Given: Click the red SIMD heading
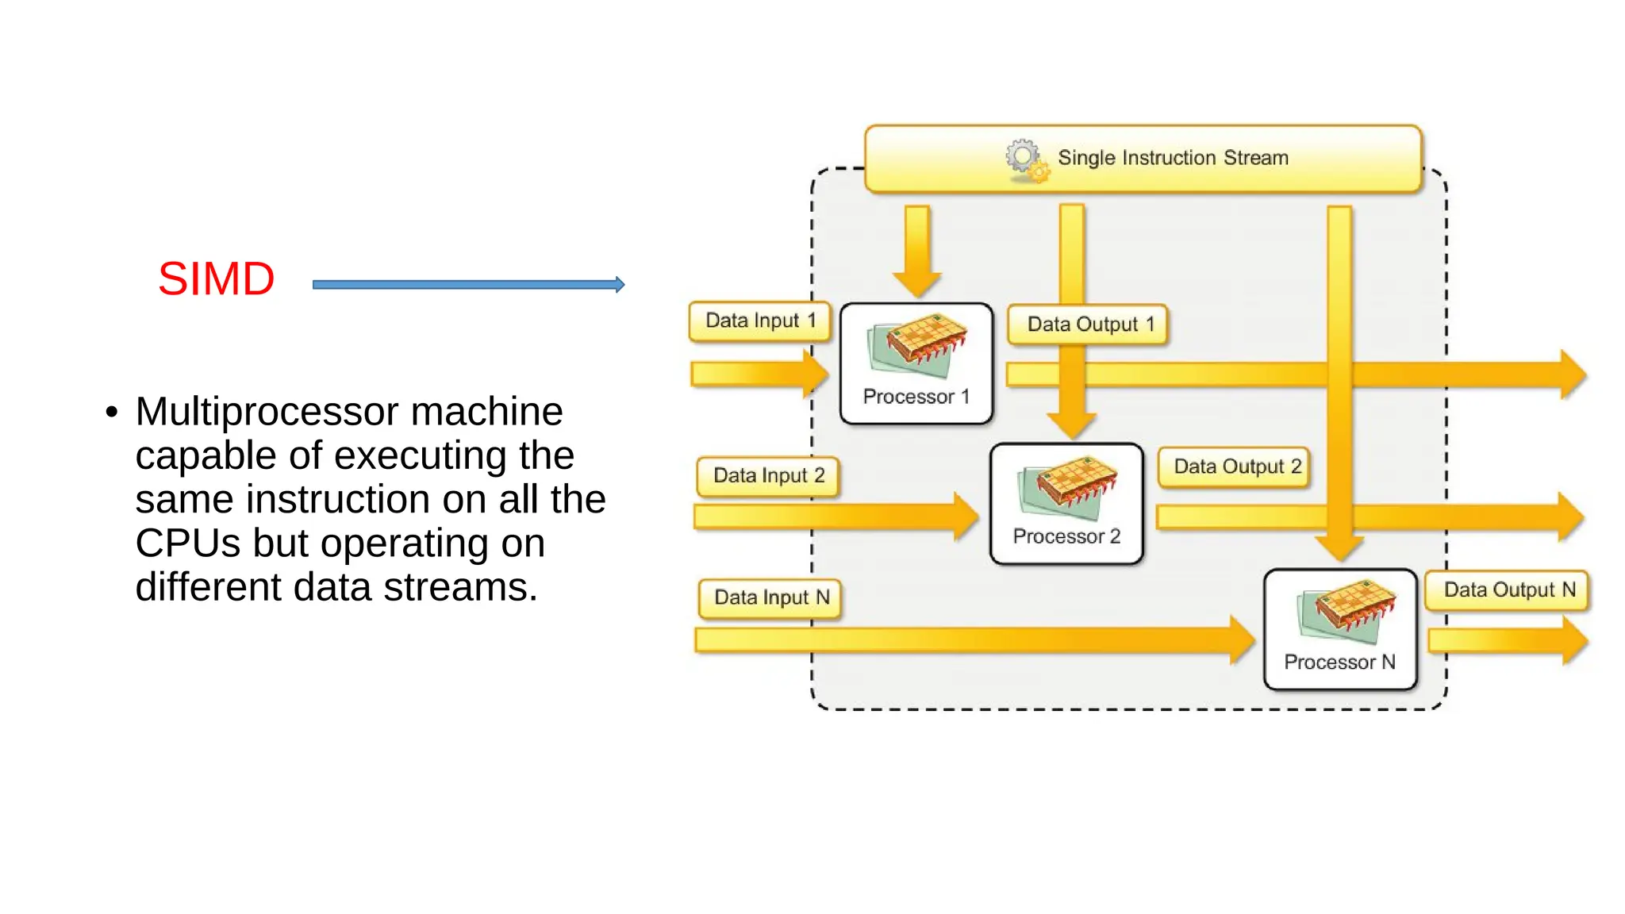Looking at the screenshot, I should (x=216, y=279).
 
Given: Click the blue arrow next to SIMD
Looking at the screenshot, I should (x=468, y=285).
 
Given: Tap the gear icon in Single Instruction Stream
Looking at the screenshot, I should (x=1026, y=159).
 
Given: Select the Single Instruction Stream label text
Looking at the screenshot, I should (x=1173, y=158).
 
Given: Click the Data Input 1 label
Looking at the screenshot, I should (x=759, y=321).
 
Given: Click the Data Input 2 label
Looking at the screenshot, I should (x=768, y=476).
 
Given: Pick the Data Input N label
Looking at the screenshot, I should (x=770, y=597).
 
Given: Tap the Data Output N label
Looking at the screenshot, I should (x=1508, y=590).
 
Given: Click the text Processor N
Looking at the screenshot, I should (x=1339, y=662).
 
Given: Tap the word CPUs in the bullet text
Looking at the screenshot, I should (x=187, y=543).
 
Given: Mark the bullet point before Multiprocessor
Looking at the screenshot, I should (x=112, y=413).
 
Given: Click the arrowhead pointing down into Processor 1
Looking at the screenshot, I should (x=917, y=282).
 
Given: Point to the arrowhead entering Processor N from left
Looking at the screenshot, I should (x=1240, y=639).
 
